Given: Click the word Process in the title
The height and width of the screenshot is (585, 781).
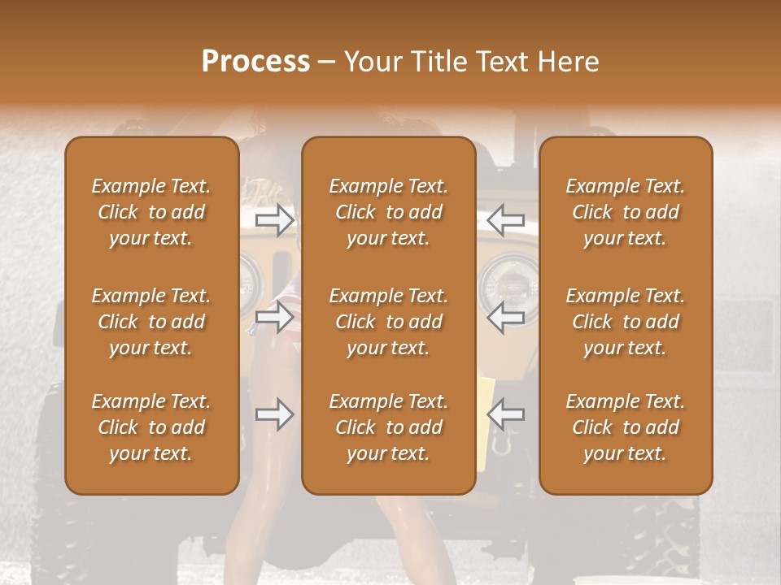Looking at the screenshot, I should tap(255, 62).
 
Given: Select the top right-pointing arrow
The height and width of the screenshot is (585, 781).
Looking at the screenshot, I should tap(274, 219).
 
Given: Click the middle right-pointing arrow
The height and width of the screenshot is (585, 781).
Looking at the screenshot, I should tap(274, 317).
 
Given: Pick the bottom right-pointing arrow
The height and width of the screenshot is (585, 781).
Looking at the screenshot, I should tap(274, 414).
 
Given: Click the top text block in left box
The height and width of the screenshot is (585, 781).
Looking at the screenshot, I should tap(151, 212).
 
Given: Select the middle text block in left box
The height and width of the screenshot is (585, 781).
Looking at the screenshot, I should tap(151, 322).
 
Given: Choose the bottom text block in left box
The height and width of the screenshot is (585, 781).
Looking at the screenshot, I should tap(151, 427).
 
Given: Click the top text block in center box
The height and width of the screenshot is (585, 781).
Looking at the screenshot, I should tap(388, 212).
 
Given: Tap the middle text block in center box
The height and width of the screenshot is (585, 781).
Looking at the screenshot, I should tap(388, 322).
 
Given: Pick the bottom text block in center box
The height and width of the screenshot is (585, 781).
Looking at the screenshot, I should tap(388, 427).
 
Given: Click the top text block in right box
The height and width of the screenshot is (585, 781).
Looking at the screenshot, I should tap(626, 212).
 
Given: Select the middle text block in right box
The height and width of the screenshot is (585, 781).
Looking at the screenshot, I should tap(626, 322).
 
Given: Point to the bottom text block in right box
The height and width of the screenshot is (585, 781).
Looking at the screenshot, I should tap(626, 427).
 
